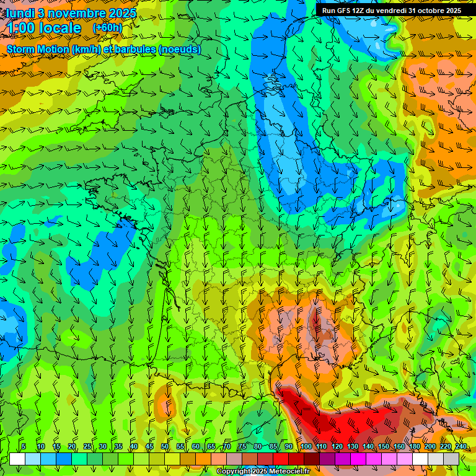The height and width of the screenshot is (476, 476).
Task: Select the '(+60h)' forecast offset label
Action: point(107,28)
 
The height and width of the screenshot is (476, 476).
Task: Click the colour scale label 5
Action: point(24,446)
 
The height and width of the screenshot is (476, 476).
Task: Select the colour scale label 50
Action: point(165,446)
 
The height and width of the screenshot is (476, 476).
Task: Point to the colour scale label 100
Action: point(306,446)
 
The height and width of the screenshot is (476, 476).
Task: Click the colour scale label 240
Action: point(461,446)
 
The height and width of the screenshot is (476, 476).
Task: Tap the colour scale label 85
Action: point(273,446)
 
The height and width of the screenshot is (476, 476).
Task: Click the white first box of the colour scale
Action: point(17,459)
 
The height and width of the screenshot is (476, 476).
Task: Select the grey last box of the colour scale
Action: point(451,459)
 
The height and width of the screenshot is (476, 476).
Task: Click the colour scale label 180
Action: point(415,446)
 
